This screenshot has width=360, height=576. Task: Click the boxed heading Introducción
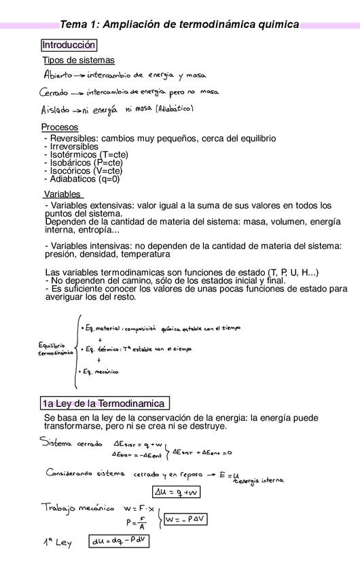pyautogui.click(x=69, y=46)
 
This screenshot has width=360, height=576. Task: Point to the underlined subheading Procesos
pyautogui.click(x=60, y=127)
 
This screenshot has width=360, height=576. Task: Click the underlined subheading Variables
pyautogui.click(x=62, y=194)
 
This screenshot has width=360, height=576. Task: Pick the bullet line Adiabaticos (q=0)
pyautogui.click(x=82, y=179)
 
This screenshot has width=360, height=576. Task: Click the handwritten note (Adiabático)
pyautogui.click(x=175, y=109)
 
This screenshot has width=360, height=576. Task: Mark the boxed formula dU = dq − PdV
pyautogui.click(x=119, y=541)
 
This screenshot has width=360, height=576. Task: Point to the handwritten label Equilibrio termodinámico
pyautogui.click(x=56, y=349)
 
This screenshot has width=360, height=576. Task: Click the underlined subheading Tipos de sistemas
pyautogui.click(x=79, y=60)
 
